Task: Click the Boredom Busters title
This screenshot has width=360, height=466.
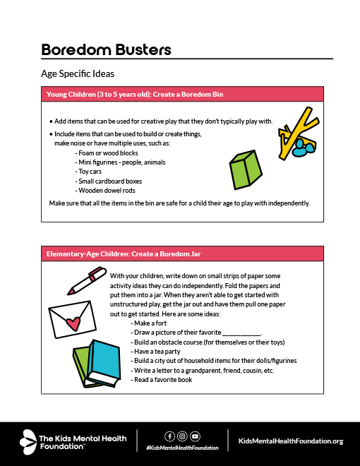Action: coord(106,49)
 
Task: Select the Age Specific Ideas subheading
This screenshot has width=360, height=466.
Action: coord(78,73)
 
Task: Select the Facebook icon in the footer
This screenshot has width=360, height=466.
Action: coord(169,436)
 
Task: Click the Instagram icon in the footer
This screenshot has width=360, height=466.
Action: coord(182,436)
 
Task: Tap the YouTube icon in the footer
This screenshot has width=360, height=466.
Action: coord(195,436)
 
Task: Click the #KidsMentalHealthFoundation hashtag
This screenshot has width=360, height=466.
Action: coord(182,448)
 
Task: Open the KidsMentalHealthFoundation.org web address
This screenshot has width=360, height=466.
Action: coord(291,441)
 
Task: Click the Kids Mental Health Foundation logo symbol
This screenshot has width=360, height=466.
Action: coord(30,441)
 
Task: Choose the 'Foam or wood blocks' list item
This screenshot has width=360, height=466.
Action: coord(107,153)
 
